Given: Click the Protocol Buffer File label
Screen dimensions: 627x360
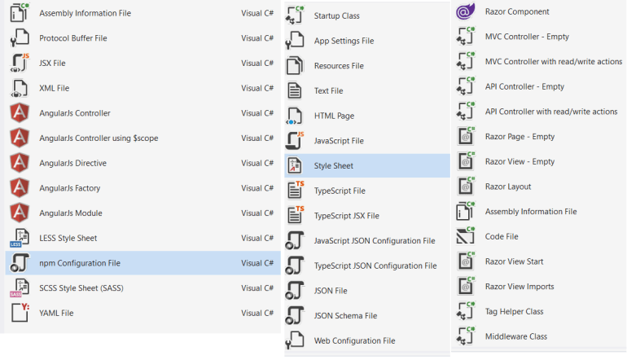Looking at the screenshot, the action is coord(73,38).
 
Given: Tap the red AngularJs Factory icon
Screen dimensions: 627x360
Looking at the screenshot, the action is coord(20,188).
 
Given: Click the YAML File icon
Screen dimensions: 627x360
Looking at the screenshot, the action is coord(20,313).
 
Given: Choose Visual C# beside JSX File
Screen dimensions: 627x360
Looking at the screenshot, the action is coord(257,64).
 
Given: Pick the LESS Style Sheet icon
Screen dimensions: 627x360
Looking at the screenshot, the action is coord(20,238).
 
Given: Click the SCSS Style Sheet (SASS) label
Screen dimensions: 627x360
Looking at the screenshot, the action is coord(81,288).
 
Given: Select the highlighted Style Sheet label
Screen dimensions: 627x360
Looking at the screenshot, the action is coord(334,165).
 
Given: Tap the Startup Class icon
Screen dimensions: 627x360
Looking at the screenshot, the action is coord(295,15).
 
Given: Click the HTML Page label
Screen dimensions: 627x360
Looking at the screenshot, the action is coord(334,116).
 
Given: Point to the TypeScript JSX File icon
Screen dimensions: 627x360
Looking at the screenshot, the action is coord(295,215).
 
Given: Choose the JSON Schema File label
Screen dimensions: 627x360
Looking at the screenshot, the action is coord(345,315).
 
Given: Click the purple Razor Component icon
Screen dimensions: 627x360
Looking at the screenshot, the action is coord(466,11).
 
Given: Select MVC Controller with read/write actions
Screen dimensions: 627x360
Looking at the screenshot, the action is coord(554,62).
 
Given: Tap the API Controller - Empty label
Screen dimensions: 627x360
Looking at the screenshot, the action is coord(524,86).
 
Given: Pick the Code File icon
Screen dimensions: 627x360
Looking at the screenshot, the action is coord(466,236).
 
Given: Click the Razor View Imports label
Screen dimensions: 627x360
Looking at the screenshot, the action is coord(520,287).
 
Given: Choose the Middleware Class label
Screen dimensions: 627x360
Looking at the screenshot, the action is coord(515,336).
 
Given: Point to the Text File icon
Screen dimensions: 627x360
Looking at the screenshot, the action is coord(295,90).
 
